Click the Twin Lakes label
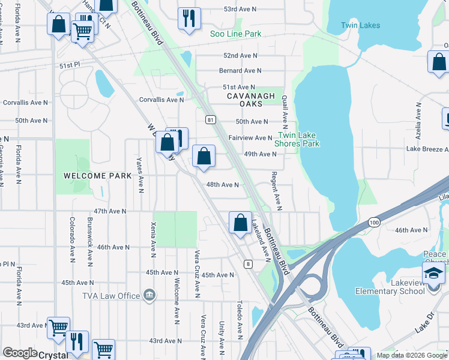click(x=360, y=25)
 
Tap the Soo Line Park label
click(x=235, y=34)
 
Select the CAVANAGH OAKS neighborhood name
click(x=251, y=100)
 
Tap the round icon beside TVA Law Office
click(x=149, y=295)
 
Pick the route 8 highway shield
click(x=247, y=263)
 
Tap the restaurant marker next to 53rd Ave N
click(x=189, y=18)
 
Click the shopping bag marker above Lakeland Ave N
click(x=240, y=223)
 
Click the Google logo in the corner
click(x=20, y=353)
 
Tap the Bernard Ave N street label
click(x=238, y=71)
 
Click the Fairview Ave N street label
click(x=250, y=138)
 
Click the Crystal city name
click(x=53, y=355)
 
